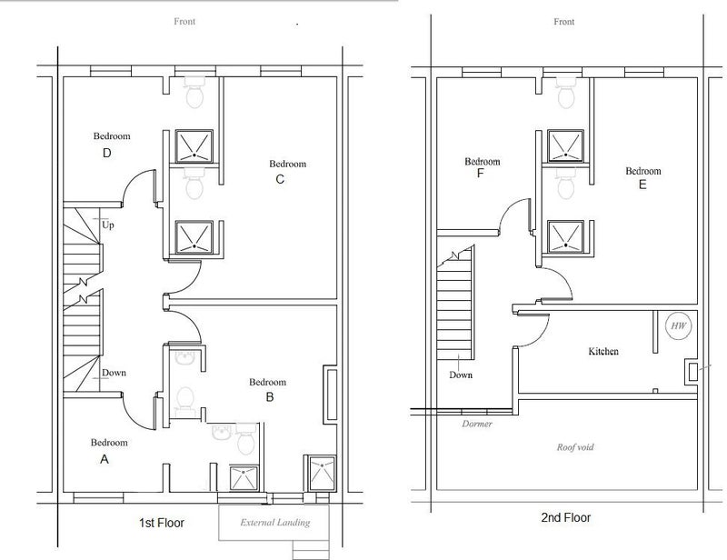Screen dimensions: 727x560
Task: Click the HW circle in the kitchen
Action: pyautogui.click(x=679, y=325)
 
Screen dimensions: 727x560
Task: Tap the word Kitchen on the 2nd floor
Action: pyautogui.click(x=603, y=351)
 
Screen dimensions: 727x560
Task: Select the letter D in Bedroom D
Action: pyautogui.click(x=106, y=153)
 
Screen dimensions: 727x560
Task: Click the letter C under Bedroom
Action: pyautogui.click(x=280, y=179)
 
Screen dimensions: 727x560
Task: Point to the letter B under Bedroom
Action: pyautogui.click(x=269, y=397)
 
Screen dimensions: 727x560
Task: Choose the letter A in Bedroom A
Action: pyautogui.click(x=105, y=459)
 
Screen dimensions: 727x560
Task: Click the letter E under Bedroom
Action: pyautogui.click(x=642, y=185)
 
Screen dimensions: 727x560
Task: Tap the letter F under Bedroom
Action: pyautogui.click(x=481, y=174)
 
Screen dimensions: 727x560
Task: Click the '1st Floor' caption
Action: pyautogui.click(x=162, y=523)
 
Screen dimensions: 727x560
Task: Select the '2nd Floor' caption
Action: pyautogui.click(x=565, y=517)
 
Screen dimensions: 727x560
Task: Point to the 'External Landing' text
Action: pyautogui.click(x=275, y=523)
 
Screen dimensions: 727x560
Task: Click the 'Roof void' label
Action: pyautogui.click(x=575, y=447)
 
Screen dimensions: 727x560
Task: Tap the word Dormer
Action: pyautogui.click(x=476, y=424)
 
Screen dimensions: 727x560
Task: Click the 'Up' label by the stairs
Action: pyautogui.click(x=107, y=225)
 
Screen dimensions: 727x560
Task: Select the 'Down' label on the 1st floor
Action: pyautogui.click(x=114, y=373)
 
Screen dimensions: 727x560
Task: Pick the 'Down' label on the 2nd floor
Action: pyautogui.click(x=461, y=375)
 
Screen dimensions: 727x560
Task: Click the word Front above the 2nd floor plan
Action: pyautogui.click(x=563, y=21)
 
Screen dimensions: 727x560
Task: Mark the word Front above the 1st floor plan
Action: pyautogui.click(x=184, y=21)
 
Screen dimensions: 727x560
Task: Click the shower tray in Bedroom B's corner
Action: pyautogui.click(x=322, y=473)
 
